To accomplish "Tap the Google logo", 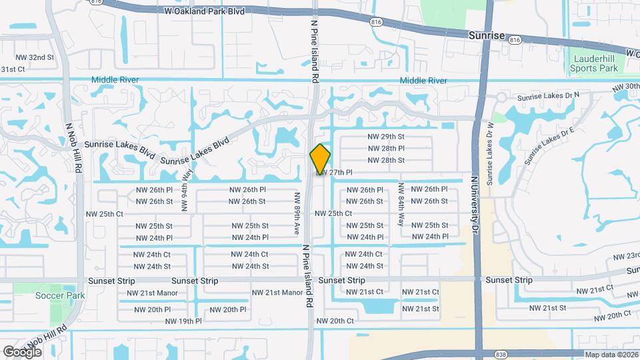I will [23, 351].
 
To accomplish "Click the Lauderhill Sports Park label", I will [595, 63].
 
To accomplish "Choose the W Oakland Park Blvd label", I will [194, 11].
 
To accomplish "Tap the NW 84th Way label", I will [401, 204].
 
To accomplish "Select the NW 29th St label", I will [386, 136].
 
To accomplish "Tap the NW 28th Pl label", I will [386, 148].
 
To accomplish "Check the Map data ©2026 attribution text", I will [611, 355].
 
